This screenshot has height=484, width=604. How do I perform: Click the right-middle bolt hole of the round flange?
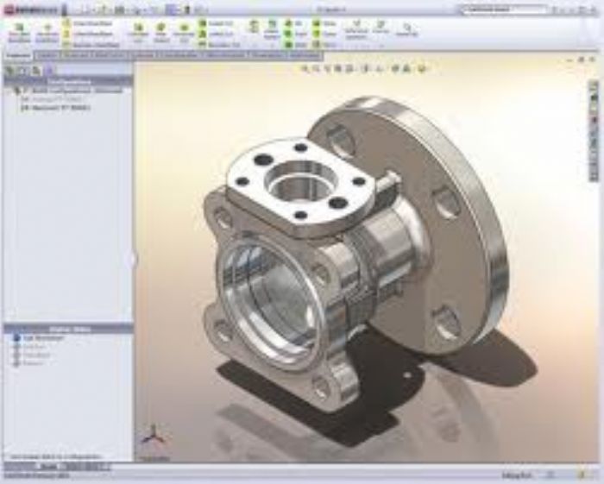click(445, 204)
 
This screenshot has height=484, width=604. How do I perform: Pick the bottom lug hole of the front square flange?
click(322, 387)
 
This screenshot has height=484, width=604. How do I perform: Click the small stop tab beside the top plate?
click(389, 183)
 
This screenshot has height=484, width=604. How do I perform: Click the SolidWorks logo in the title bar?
click(26, 9)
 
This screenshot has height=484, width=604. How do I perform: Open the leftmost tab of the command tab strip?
click(16, 55)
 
